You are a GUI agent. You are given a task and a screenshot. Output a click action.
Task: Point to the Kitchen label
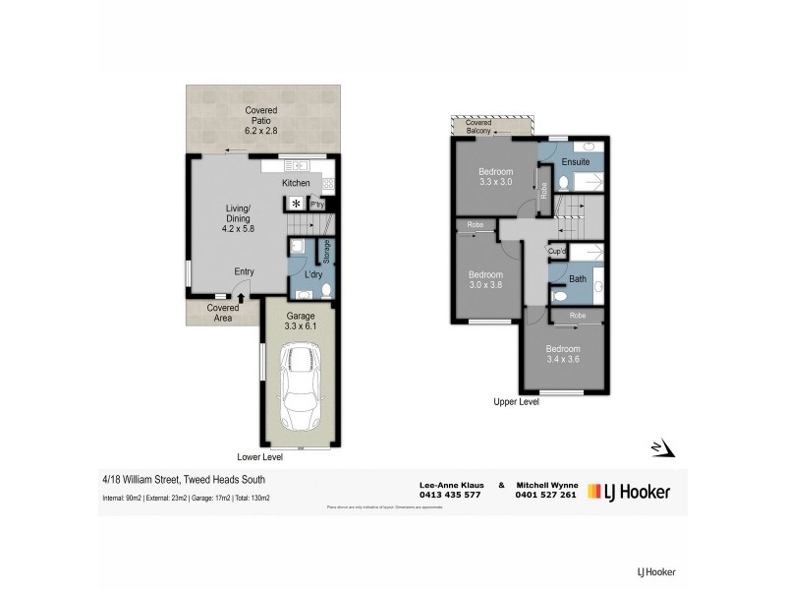click(x=296, y=184)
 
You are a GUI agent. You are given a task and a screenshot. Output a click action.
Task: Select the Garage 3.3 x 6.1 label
click(x=302, y=321)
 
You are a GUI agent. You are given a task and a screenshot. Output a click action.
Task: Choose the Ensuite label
click(x=575, y=161)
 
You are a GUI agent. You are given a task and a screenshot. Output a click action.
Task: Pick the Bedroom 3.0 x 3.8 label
click(x=485, y=279)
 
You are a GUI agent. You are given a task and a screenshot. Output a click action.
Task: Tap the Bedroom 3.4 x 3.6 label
click(x=563, y=354)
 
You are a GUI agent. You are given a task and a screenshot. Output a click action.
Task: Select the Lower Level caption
click(x=260, y=457)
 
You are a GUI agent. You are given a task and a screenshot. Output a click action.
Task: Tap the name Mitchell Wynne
click(x=546, y=484)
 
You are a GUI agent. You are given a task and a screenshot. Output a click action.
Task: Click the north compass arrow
click(x=665, y=448)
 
